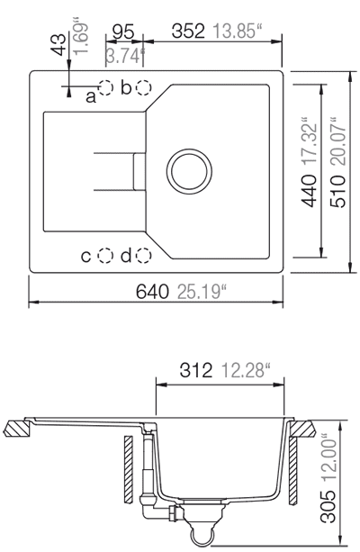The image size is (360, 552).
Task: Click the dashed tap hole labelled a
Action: (105, 87)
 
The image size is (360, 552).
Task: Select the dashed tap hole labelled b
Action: (144, 87)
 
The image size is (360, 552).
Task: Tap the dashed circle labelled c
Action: (105, 256)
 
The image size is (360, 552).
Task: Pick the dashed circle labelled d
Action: (144, 256)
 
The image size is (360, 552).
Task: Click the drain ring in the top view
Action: (189, 150)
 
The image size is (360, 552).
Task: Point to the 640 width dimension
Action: (152, 292)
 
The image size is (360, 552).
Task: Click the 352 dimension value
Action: (188, 31)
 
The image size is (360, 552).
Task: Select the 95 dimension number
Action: (123, 32)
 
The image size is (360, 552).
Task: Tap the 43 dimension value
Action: (58, 44)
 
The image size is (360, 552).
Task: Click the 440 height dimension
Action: (309, 191)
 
